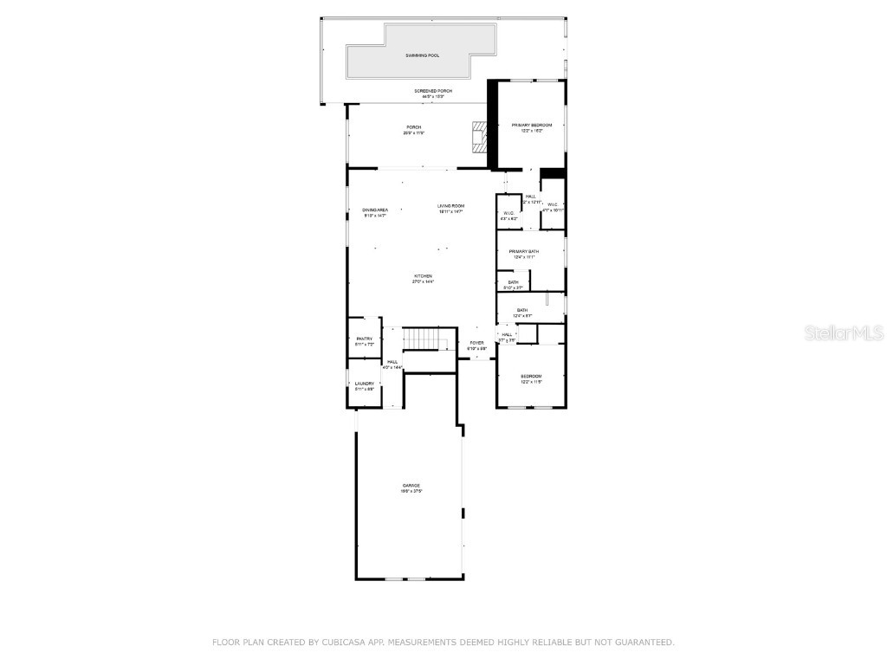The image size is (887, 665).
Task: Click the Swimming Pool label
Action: pyautogui.click(x=422, y=55)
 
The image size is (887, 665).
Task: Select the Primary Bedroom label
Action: pyautogui.click(x=531, y=126)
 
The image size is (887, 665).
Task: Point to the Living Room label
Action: pyautogui.click(x=450, y=205)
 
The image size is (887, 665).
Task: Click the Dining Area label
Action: pyautogui.click(x=375, y=210)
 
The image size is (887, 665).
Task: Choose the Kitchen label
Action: pyautogui.click(x=423, y=276)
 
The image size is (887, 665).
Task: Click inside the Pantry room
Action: pyautogui.click(x=365, y=340)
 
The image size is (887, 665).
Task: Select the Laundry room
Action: pyautogui.click(x=365, y=385)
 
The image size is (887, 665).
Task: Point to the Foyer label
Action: pyautogui.click(x=476, y=343)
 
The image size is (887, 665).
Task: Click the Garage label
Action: pyautogui.click(x=411, y=486)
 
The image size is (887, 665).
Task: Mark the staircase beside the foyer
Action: pyautogui.click(x=424, y=339)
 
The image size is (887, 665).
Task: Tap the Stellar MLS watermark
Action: pyautogui.click(x=844, y=332)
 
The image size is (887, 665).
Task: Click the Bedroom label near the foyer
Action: pyautogui.click(x=530, y=376)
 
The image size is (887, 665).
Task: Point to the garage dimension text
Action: pyautogui.click(x=411, y=492)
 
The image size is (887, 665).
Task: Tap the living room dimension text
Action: pyautogui.click(x=450, y=211)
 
